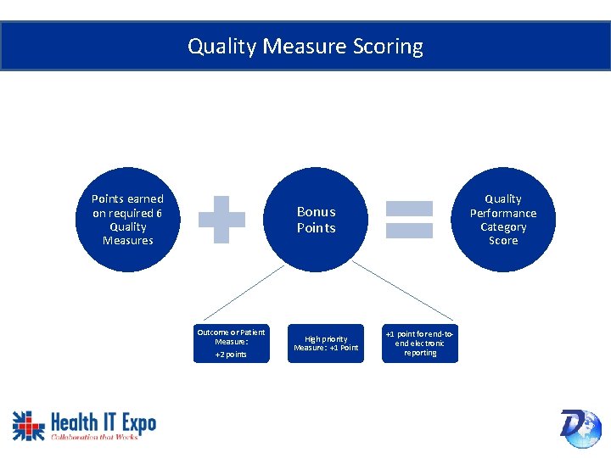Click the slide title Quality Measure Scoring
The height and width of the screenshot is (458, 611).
pyautogui.click(x=305, y=46)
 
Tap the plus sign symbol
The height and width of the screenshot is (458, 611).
pyautogui.click(x=221, y=219)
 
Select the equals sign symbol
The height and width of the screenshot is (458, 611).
pyautogui.click(x=410, y=219)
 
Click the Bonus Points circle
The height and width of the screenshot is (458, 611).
pyautogui.click(x=316, y=220)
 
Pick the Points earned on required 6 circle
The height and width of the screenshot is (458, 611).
pyautogui.click(x=127, y=220)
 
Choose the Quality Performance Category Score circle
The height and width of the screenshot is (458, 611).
pyautogui.click(x=503, y=220)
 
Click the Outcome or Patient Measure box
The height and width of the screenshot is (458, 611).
pyautogui.click(x=231, y=343)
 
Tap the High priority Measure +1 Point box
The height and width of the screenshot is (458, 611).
pyautogui.click(x=326, y=343)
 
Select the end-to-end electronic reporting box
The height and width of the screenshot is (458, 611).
pyautogui.click(x=420, y=343)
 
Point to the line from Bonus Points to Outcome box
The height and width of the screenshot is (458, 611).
pyautogui.click(x=246, y=293)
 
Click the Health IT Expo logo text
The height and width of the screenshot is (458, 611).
pyautogui.click(x=104, y=422)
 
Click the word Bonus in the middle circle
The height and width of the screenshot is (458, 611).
pyautogui.click(x=316, y=212)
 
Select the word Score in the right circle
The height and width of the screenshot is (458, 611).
pyautogui.click(x=503, y=241)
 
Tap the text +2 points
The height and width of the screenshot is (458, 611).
pyautogui.click(x=231, y=355)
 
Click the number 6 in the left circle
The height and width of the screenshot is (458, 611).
pyautogui.click(x=158, y=213)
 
